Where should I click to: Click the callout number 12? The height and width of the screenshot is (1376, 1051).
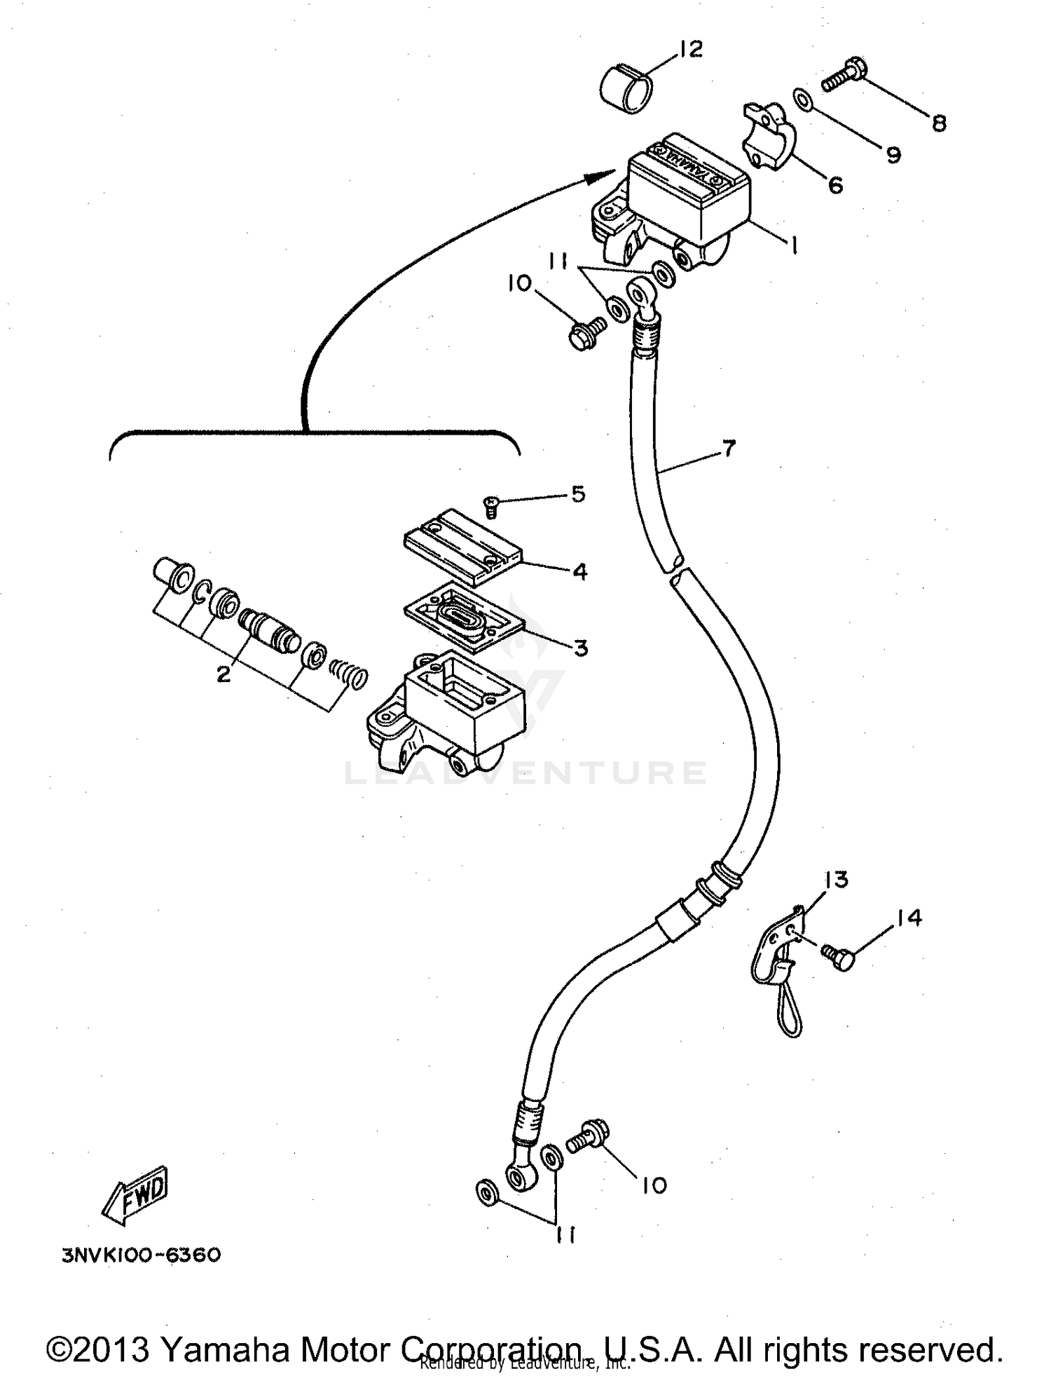coord(691,50)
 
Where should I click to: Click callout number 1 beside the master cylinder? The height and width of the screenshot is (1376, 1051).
coord(793,246)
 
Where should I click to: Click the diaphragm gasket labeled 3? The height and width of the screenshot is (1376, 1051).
coord(466,613)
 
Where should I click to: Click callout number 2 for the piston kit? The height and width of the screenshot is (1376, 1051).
coord(223,674)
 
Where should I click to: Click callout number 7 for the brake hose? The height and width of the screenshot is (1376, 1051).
coord(729,448)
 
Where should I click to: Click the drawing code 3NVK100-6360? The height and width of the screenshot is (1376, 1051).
coord(142,1254)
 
